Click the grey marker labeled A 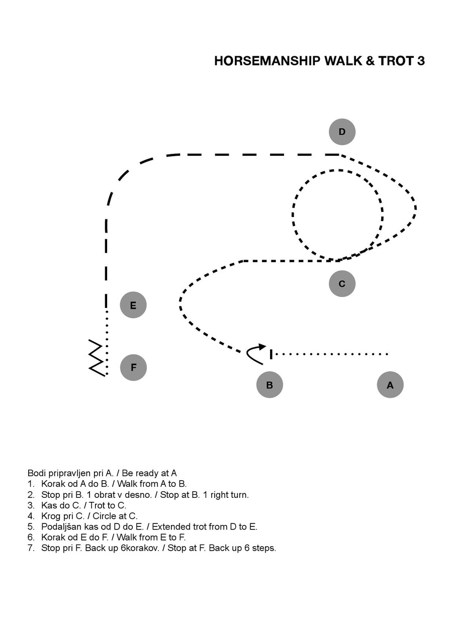tap(390, 385)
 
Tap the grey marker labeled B tap(269, 385)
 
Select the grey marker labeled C tap(342, 284)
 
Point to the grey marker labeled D tap(342, 132)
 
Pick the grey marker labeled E tap(133, 305)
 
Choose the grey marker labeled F tap(133, 367)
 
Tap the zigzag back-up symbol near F tap(97, 358)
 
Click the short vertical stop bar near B tap(271, 354)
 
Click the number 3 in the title tap(421, 61)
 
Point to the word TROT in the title tap(396, 61)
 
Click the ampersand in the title tap(370, 61)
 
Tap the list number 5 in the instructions tap(31, 526)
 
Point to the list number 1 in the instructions tap(31, 484)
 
